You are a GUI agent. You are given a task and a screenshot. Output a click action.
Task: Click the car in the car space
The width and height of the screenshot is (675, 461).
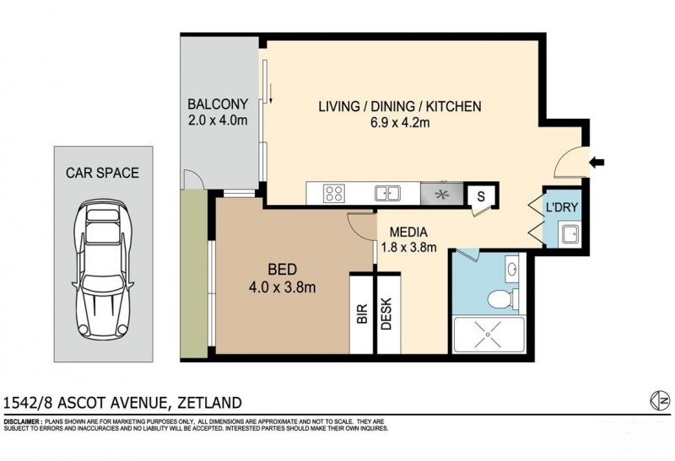click(103, 269)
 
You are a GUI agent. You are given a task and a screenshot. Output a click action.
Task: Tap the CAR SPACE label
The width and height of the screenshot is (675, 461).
click(102, 173)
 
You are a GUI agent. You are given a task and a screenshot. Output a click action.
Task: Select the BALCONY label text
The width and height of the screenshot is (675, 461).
click(218, 104)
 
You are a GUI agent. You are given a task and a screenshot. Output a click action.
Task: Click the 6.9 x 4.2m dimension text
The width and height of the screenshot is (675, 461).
click(400, 122)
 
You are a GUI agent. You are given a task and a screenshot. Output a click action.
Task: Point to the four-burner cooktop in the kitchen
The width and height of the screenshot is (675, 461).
click(334, 193)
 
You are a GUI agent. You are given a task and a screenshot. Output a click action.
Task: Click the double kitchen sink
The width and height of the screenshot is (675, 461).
click(387, 193)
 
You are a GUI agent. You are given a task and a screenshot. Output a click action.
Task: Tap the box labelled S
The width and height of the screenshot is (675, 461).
click(481, 196)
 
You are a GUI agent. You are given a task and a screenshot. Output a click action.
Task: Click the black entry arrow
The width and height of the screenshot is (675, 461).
click(597, 163)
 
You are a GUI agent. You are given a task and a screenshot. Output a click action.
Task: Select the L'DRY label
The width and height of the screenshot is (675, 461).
click(562, 207)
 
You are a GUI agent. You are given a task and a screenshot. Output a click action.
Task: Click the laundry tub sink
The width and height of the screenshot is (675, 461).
click(569, 234)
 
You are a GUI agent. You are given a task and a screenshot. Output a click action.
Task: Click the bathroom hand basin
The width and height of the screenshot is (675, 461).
click(512, 269)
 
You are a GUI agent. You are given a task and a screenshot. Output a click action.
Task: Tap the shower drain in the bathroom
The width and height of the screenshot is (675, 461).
click(489, 334)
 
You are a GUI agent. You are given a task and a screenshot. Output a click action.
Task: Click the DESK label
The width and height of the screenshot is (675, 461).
click(386, 314)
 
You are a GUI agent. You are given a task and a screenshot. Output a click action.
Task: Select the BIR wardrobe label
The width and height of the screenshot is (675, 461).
click(362, 314)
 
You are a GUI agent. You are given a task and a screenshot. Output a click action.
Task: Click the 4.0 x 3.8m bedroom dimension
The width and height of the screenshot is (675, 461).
click(282, 287)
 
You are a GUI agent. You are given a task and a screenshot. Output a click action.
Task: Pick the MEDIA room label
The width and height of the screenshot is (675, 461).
click(408, 233)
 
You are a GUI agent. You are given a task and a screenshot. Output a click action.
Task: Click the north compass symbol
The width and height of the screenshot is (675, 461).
click(660, 400)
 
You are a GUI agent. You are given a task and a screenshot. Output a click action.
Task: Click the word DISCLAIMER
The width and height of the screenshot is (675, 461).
click(23, 422)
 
